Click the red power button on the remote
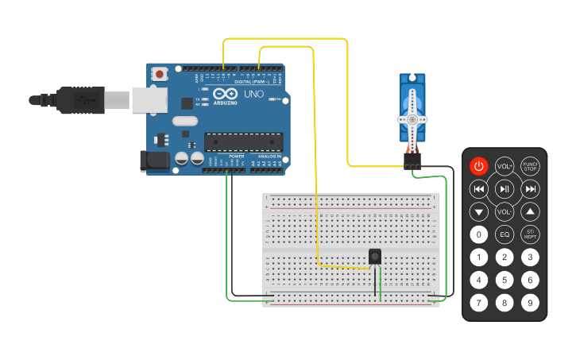point(478,166)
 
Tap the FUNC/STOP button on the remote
point(530,166)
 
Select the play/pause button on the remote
point(504,189)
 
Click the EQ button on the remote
point(504,234)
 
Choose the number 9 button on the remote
point(530,303)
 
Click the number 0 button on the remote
point(478,234)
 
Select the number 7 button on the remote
point(478,303)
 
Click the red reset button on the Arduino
point(160,74)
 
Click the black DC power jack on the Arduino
point(153,161)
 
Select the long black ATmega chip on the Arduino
point(244,141)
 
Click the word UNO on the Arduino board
point(253,94)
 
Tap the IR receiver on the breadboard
point(375,257)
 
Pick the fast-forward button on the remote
point(530,189)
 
